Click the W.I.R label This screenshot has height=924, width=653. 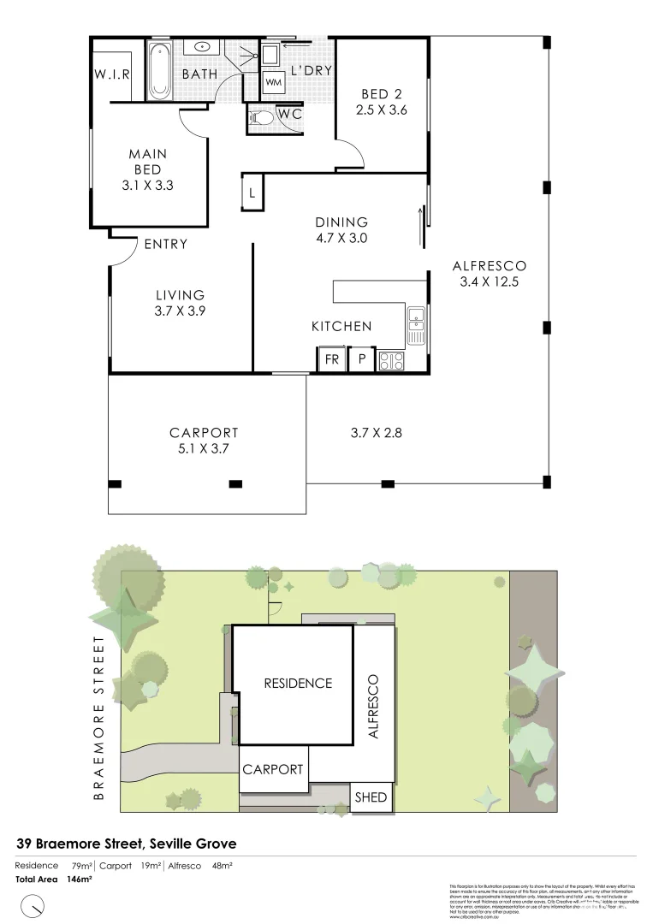point(112,74)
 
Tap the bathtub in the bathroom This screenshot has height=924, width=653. point(160,71)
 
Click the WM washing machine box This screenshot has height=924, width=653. point(273,82)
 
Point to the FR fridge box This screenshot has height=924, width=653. point(331,359)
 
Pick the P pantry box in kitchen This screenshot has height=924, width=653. point(361,359)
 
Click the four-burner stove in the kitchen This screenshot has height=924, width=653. point(390,360)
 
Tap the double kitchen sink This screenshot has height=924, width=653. point(416,325)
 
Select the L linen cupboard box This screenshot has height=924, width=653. point(252,192)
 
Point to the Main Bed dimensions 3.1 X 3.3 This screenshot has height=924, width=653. point(147,184)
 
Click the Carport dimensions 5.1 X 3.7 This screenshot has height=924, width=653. point(204,447)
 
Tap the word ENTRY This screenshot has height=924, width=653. point(165,244)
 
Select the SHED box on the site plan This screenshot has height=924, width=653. point(372,797)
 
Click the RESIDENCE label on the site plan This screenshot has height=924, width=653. point(297,683)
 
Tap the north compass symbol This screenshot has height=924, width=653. point(33,904)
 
